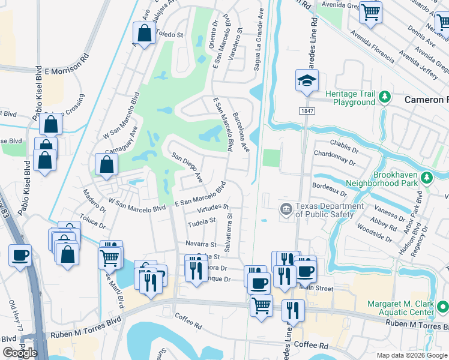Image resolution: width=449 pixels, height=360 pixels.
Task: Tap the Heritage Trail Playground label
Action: pyautogui.click(x=350, y=98)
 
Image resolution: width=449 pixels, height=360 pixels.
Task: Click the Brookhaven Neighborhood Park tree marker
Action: pyautogui.click(x=427, y=178)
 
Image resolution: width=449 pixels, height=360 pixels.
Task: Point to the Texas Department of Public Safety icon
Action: pyautogui.click(x=286, y=209)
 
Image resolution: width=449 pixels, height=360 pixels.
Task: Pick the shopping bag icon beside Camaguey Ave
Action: pyautogui.click(x=106, y=165)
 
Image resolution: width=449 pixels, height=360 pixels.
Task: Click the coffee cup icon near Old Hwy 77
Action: pyautogui.click(x=20, y=256)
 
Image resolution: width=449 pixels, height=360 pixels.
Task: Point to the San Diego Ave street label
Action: pyautogui.click(x=187, y=167)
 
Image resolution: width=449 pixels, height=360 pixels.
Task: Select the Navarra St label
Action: pyautogui.click(x=200, y=245)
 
